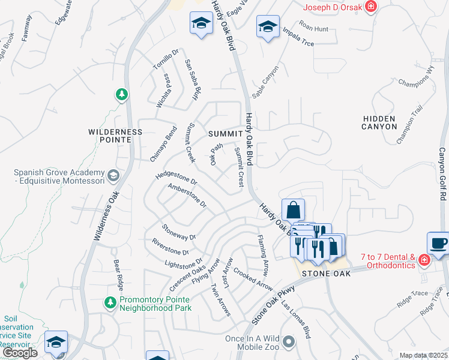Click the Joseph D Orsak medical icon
[x=372, y=7]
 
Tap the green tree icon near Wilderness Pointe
[x=121, y=94]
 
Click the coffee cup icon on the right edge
[x=438, y=244]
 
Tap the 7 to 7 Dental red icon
[x=424, y=260]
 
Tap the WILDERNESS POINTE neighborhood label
[x=115, y=135]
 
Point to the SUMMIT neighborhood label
[x=224, y=133]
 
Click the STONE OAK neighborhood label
[x=325, y=273]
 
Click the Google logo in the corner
[x=20, y=353]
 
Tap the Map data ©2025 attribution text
[x=423, y=355]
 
